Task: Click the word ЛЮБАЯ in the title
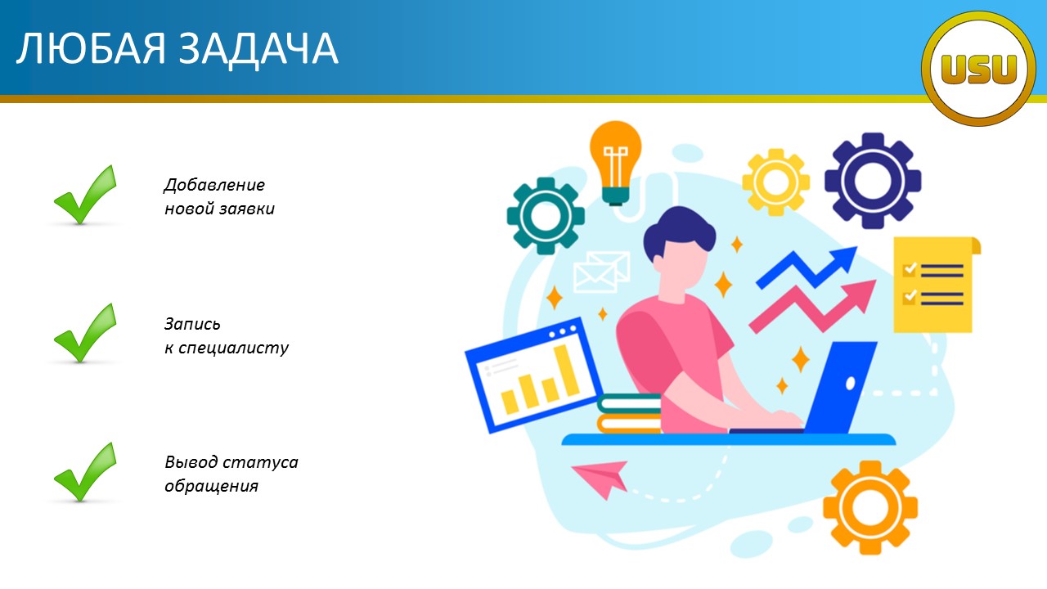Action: pos(91,48)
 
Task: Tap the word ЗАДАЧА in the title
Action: pos(258,50)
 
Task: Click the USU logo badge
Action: pos(978,69)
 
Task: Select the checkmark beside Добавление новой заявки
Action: pos(85,195)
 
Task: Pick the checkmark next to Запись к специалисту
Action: pos(85,333)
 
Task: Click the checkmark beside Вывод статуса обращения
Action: pos(85,472)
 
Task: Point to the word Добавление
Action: pos(214,185)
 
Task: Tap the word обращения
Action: pos(211,487)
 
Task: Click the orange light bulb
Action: pos(615,162)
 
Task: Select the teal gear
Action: pos(546,216)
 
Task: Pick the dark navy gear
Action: pos(873,181)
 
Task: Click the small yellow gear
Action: pos(775,182)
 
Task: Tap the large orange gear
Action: pos(870,508)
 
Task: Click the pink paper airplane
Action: pos(600,478)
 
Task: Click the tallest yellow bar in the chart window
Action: pos(567,371)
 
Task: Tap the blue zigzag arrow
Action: pos(807,269)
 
